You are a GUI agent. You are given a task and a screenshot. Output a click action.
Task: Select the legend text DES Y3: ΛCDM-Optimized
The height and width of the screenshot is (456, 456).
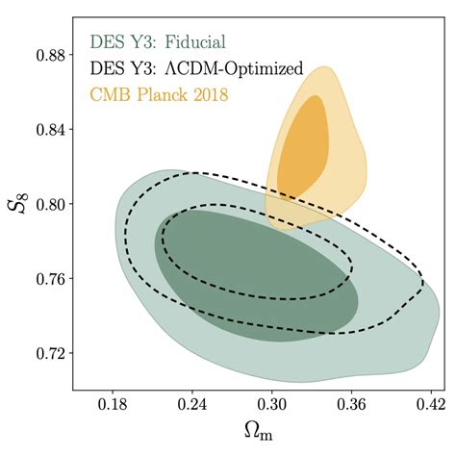click(x=196, y=68)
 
